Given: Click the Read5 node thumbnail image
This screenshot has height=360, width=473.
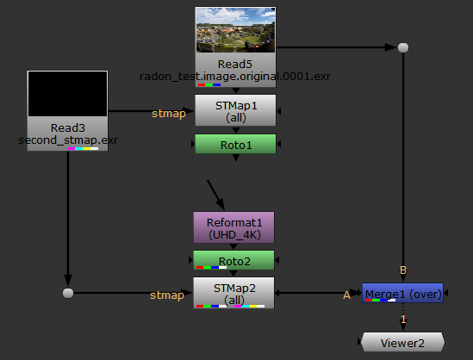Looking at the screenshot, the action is pos(235,30).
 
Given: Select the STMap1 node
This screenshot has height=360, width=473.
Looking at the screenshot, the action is pos(235,110).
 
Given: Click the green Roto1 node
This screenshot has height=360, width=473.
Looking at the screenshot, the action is pos(235,144).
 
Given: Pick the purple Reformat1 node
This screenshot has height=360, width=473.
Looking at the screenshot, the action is pos(233,227).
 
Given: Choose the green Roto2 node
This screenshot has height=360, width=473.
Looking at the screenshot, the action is pos(233,260).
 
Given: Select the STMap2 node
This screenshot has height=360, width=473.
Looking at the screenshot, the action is pos(233,293).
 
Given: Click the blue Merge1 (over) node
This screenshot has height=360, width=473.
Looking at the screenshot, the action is pos(402,293).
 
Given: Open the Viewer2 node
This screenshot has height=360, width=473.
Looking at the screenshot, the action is pos(402,342).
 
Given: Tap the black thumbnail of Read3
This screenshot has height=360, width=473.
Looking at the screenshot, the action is pos(67,94).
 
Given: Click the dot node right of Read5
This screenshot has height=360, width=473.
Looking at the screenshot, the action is pos(403,47).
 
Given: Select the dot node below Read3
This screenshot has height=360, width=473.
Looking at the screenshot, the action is pos(68,293).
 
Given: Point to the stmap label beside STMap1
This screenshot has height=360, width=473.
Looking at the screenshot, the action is pos(169,114).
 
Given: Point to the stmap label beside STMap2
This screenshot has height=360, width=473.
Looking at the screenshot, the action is pos(167,295).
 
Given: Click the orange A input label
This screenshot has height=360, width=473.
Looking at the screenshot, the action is pos(347,295).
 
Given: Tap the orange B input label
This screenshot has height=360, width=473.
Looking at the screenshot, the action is pos(403,270).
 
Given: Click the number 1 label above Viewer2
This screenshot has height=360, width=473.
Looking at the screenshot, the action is pos(403,319).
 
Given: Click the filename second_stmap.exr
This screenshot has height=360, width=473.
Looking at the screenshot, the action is pos(68,140).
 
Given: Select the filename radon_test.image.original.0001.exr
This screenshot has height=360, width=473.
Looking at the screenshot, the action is pos(235,77).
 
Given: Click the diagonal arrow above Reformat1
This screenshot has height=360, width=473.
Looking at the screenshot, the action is pos(215,195).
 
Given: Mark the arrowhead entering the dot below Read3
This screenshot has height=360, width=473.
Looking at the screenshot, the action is pos(68,281).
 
